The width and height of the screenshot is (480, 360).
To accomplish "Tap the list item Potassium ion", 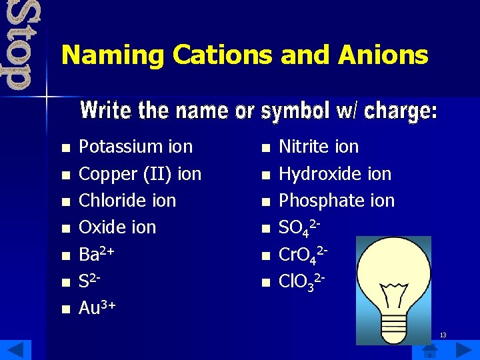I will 135,147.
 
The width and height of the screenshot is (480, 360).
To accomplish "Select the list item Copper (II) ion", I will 140,174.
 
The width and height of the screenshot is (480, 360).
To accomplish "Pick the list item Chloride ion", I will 127,201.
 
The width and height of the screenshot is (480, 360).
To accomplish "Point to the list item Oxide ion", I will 117,227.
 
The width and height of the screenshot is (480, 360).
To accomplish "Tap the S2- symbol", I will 91,281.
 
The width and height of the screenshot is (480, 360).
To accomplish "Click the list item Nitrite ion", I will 319,147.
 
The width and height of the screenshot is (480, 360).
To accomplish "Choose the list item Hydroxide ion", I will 335,174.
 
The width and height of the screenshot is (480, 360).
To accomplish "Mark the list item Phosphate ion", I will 337,201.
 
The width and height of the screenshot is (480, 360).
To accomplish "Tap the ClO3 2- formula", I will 302,281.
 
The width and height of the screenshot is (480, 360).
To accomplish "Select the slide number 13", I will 443,335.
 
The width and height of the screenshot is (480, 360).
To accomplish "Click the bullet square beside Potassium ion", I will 65,148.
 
